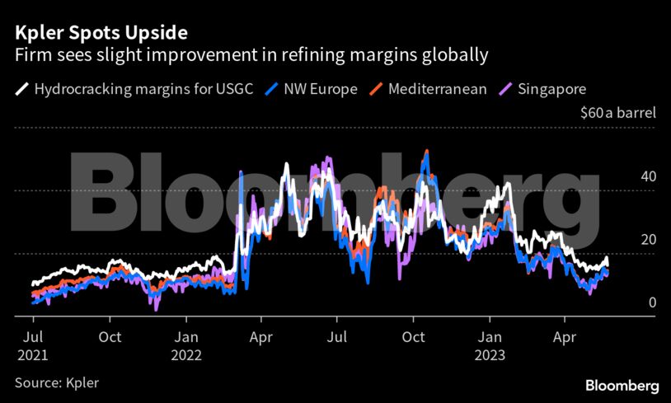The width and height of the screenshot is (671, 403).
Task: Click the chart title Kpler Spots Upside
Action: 100,33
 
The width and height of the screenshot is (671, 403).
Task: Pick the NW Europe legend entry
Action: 318,89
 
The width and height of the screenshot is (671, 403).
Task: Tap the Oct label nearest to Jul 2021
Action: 110,337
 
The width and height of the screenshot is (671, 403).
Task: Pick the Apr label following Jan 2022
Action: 261,337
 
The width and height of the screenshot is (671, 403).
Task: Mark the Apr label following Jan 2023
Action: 565,337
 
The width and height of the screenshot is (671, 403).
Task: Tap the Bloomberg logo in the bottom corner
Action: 622,386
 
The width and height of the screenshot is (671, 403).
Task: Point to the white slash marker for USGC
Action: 22,89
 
